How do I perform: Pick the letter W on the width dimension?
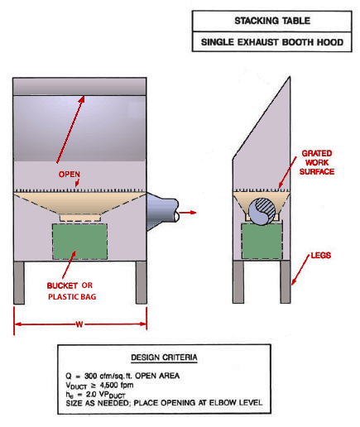[79, 324]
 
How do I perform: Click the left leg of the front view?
[20, 282]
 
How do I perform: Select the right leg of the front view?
[141, 282]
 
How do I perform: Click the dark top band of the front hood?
[80, 85]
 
